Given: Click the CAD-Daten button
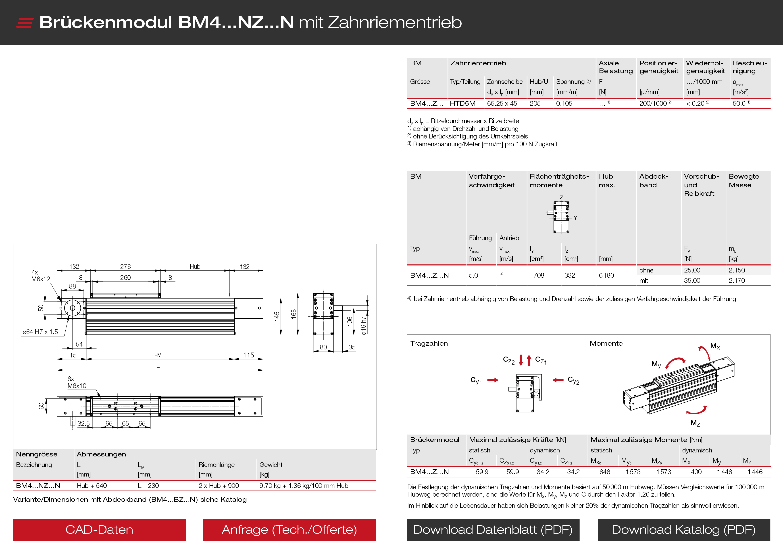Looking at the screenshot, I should coord(99,530).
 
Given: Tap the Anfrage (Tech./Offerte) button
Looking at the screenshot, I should coord(289,530).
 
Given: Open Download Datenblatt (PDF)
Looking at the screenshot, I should coord(493,530).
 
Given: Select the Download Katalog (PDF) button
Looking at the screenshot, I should coord(683,530).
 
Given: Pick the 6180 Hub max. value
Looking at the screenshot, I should coord(606,275).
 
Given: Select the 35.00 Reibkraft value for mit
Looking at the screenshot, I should coord(692,281).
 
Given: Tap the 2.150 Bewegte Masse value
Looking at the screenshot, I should coord(737,270).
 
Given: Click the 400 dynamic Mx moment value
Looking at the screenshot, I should coord(696,472).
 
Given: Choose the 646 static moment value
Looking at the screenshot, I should coord(605,472).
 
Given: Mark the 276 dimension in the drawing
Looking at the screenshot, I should coord(125,267).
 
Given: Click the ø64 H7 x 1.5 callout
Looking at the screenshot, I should coord(40,332).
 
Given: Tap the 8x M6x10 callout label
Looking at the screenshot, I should coord(77,382).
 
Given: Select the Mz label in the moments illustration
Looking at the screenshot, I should coord(695,423).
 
